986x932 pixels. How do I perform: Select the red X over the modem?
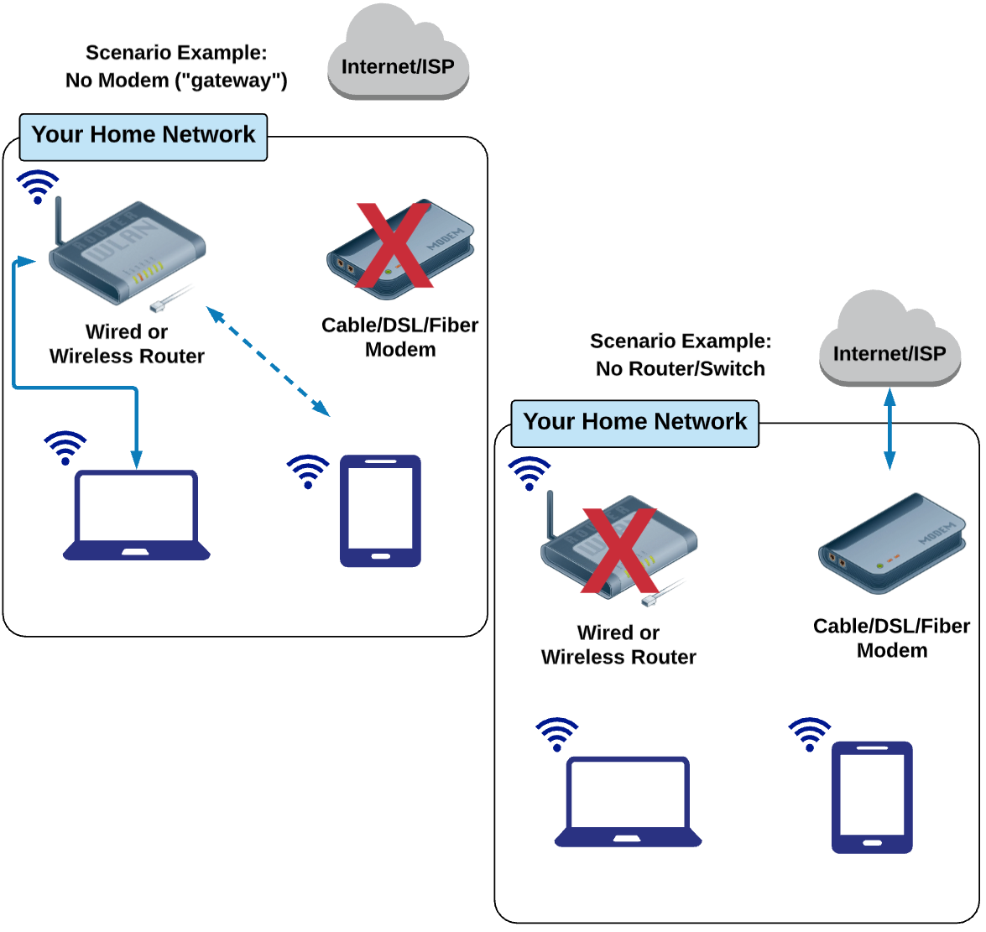[394, 245]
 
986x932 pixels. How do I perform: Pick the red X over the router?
[619, 549]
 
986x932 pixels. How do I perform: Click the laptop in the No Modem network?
[137, 514]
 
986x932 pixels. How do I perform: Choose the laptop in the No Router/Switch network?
[629, 801]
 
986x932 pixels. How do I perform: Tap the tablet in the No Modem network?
[380, 511]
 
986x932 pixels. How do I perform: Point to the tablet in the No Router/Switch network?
[872, 797]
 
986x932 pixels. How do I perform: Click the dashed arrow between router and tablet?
[269, 362]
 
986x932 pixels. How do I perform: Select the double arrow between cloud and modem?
[889, 429]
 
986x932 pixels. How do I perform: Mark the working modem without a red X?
[891, 544]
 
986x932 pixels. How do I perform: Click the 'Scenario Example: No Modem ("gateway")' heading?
[176, 66]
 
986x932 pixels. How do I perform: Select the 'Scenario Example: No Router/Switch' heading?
[680, 354]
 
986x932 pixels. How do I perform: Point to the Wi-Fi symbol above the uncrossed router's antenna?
[38, 186]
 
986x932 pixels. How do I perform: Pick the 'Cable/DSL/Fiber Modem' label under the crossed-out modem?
[399, 337]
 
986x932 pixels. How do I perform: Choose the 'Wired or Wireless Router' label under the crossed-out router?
[618, 645]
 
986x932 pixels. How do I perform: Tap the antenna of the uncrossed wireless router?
[59, 220]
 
